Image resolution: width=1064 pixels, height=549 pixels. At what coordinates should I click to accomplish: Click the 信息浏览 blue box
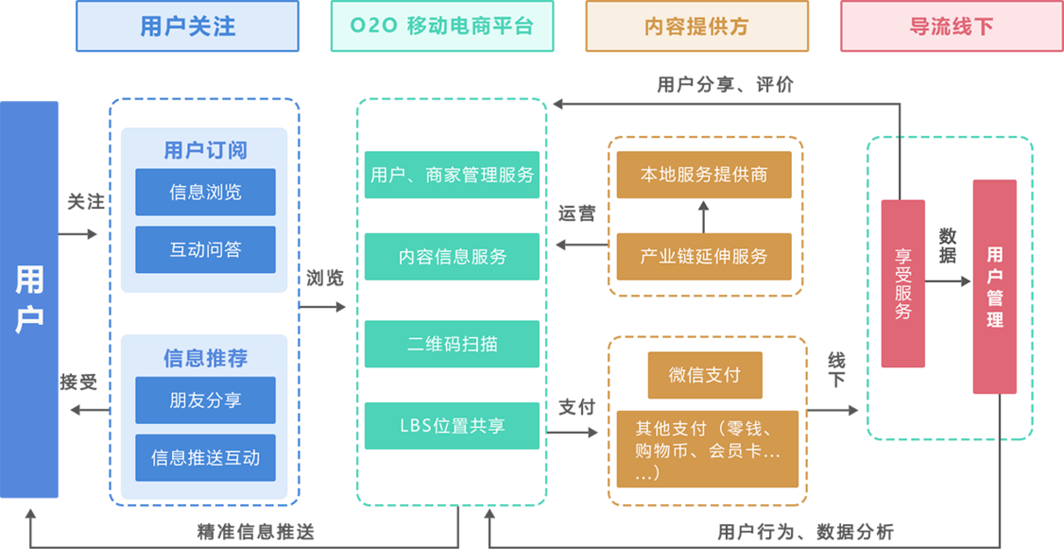[x=205, y=192]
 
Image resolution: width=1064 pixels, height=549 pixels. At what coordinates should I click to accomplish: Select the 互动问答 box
[x=205, y=249]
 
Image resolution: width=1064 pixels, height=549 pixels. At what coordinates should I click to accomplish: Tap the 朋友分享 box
[x=205, y=400]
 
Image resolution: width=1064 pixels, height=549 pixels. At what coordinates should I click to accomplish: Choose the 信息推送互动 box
[x=205, y=458]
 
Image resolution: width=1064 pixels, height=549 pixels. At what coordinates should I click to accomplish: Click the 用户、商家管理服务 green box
[x=452, y=175]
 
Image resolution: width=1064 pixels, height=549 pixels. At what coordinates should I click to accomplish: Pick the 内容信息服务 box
[x=452, y=257]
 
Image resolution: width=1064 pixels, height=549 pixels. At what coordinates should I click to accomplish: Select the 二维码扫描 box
[x=452, y=344]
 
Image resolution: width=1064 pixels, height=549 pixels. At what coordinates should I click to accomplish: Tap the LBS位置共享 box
[x=452, y=426]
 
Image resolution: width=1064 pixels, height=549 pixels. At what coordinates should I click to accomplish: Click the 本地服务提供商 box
[x=704, y=175]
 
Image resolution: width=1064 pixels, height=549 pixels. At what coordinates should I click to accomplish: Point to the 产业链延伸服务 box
[x=704, y=257]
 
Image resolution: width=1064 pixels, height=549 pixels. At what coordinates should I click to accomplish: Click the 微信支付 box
[x=705, y=375]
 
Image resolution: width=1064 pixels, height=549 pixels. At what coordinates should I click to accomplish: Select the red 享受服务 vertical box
[x=903, y=284]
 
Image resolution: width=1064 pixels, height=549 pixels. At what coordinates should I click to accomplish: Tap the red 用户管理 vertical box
[x=994, y=287]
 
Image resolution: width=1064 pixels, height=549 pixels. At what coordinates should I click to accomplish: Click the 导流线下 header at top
[x=951, y=27]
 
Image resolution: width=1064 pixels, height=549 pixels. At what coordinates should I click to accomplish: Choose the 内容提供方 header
[x=697, y=27]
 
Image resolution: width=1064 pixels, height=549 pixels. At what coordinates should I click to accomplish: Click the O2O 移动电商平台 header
[x=442, y=27]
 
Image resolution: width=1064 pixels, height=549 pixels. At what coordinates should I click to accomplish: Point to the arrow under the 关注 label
[x=78, y=234]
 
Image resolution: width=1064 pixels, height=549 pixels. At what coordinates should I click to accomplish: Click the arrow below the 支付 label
[x=573, y=432]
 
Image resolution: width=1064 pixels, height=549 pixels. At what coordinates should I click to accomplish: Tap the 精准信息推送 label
[x=256, y=532]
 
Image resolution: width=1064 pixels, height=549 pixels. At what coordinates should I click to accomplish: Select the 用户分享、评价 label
[x=725, y=84]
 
